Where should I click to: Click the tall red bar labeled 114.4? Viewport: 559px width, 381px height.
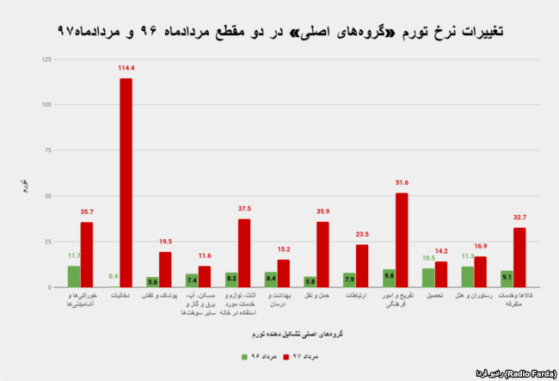(x=126, y=182)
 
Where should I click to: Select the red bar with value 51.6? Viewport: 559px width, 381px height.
(x=402, y=240)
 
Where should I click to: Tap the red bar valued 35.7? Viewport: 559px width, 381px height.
(x=87, y=255)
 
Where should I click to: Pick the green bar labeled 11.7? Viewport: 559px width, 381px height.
(x=74, y=276)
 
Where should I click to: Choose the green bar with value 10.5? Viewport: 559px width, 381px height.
(x=428, y=278)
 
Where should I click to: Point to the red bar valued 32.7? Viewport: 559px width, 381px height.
(x=519, y=257)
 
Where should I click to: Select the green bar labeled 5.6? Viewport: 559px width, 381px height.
(x=152, y=282)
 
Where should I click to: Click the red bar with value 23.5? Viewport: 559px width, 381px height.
(x=362, y=266)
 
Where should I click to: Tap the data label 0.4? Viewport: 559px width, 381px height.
(x=113, y=276)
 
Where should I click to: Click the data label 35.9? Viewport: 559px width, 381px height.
(x=322, y=212)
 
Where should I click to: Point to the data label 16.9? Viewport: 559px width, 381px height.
(x=480, y=246)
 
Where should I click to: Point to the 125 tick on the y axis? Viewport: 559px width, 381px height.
(x=45, y=59)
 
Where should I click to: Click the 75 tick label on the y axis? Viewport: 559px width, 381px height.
(x=46, y=151)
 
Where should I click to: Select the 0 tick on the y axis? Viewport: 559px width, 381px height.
(x=48, y=287)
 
